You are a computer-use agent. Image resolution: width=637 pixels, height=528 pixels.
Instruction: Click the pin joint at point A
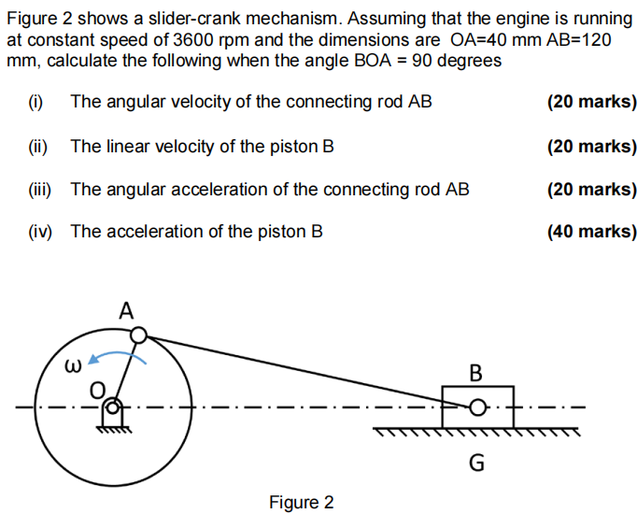click(138, 335)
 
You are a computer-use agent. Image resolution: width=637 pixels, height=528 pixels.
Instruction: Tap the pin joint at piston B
click(477, 408)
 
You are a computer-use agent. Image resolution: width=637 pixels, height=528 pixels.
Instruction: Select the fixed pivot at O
click(113, 407)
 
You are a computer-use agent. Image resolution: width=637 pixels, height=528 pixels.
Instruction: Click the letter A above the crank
click(127, 310)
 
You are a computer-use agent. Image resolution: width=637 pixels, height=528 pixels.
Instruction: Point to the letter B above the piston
click(475, 374)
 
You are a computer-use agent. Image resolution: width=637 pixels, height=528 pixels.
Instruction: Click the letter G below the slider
click(476, 462)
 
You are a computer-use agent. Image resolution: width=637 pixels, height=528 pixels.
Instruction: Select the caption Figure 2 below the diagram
click(301, 503)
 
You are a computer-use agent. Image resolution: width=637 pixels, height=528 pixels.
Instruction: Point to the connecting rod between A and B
click(308, 372)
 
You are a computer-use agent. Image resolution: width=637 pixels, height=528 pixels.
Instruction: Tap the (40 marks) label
click(592, 231)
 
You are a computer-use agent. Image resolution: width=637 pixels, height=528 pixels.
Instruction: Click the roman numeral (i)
click(36, 101)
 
